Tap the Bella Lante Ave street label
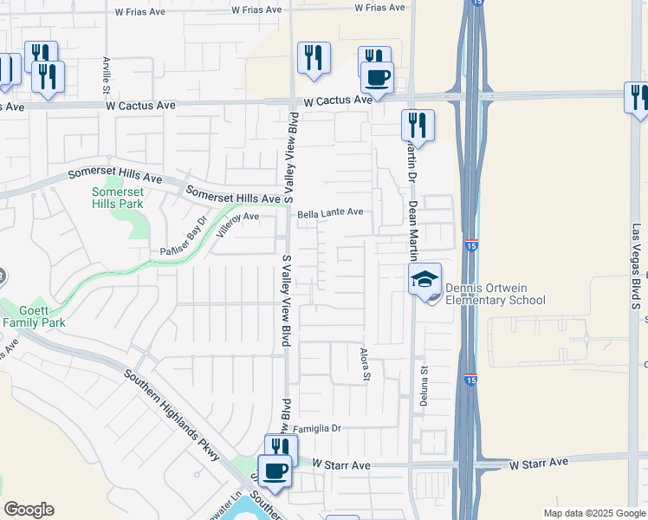coord(330,212)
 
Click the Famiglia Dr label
coord(318,428)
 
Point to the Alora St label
coord(365,365)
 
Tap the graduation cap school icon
coord(424,279)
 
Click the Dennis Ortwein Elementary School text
coord(495,295)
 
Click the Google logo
coord(29,510)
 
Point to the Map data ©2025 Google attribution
coord(594,513)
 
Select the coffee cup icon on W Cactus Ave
coord(377,77)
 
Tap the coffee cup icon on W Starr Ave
coord(275,471)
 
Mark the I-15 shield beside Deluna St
coord(470,380)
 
